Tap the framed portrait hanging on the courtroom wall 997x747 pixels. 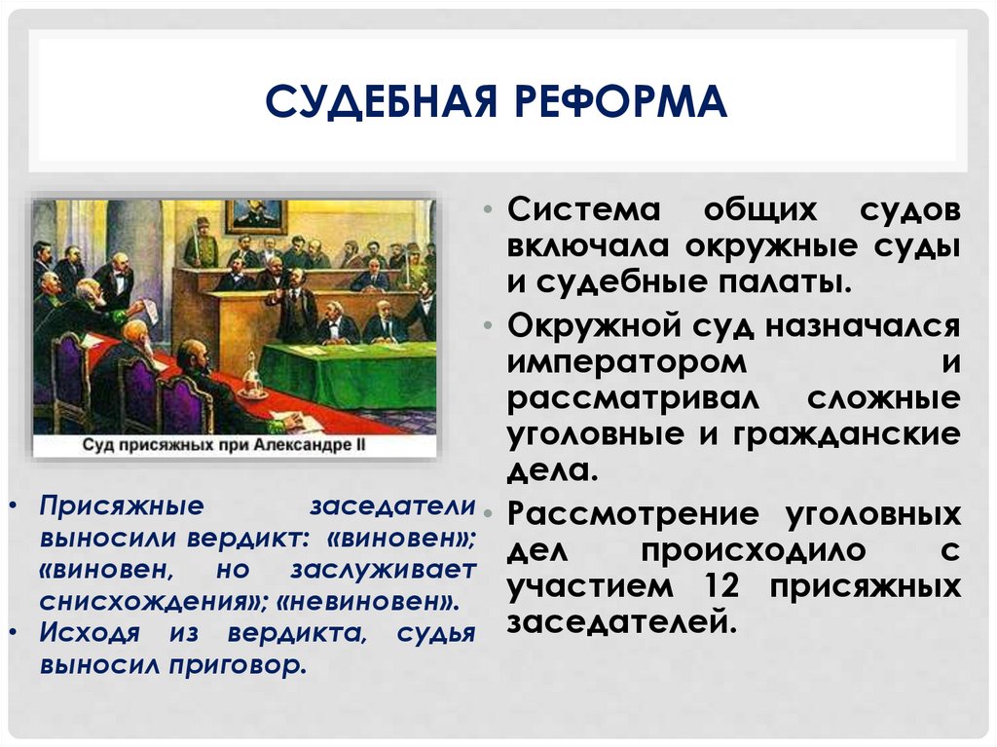[x=255, y=216]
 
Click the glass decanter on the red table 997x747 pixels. [x=253, y=378]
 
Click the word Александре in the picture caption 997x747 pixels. [x=316, y=445]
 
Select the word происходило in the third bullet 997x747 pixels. [x=753, y=551]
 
